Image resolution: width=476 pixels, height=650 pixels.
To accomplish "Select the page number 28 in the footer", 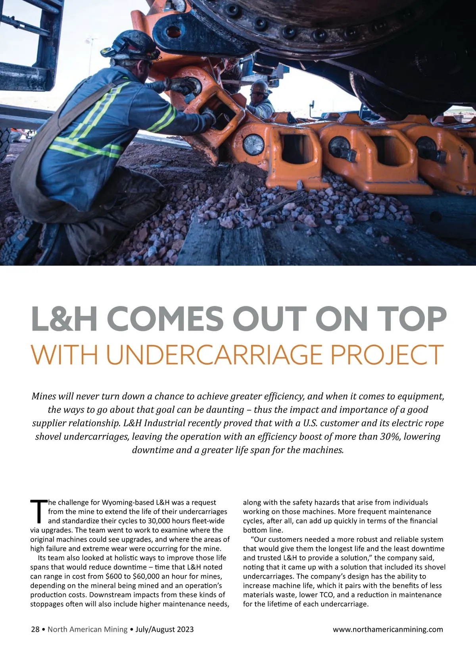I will (35, 629).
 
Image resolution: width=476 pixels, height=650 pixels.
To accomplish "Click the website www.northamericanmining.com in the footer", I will (388, 629).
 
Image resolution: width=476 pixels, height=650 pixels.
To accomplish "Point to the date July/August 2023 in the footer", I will (165, 629).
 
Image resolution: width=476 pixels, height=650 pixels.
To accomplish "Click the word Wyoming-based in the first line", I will (128, 502).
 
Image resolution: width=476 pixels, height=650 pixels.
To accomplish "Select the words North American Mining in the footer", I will (88, 629).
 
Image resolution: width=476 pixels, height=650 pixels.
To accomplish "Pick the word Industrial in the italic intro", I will (165, 423).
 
